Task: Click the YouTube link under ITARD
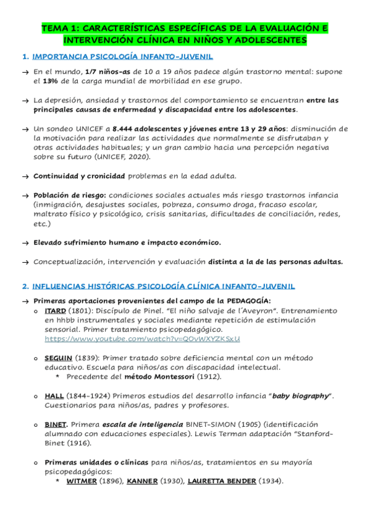coord(142,339)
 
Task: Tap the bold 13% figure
coord(50,81)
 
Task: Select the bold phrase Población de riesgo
coord(70,195)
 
